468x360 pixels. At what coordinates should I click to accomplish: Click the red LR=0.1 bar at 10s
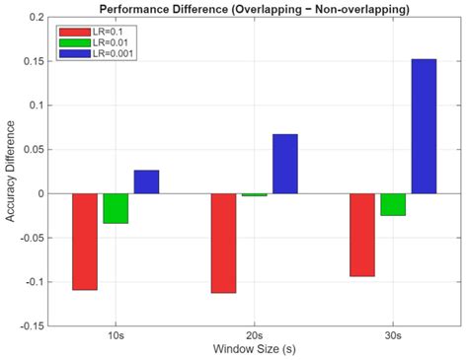point(85,242)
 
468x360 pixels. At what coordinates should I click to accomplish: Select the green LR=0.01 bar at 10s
point(116,208)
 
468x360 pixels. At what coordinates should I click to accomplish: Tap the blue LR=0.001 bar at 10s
point(146,181)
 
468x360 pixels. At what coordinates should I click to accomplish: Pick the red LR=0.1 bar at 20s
point(223,243)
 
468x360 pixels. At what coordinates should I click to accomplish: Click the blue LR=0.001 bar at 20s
point(284,164)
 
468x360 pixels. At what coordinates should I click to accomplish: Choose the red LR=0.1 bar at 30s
point(362,235)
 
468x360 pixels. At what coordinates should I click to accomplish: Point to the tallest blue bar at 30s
point(424,126)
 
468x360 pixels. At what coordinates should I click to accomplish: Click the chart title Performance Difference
point(255,8)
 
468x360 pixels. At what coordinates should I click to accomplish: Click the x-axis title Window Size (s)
point(255,350)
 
